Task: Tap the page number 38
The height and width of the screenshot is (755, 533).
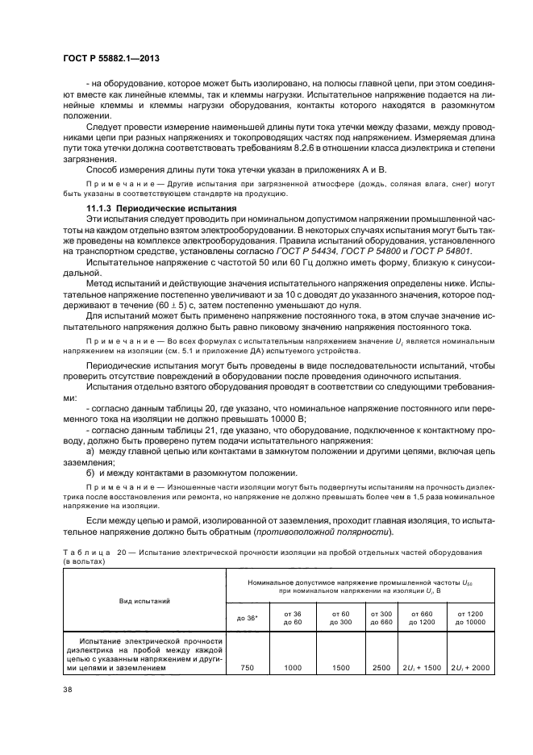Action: click(66, 688)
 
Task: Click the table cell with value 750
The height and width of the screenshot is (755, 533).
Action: click(247, 667)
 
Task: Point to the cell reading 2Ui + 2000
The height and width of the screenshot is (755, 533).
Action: click(469, 667)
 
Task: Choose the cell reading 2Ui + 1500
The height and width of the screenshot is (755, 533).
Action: click(419, 667)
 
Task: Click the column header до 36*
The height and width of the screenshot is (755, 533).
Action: click(247, 618)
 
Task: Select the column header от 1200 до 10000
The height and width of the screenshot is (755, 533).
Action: click(469, 618)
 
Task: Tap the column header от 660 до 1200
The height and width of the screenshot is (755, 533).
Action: click(419, 618)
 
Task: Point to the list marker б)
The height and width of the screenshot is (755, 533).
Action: click(91, 473)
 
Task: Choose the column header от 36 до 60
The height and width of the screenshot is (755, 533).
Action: click(292, 618)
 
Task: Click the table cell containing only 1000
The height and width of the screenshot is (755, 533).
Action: click(292, 667)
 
